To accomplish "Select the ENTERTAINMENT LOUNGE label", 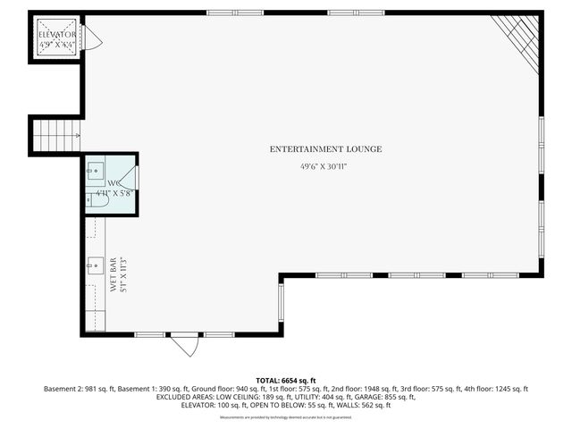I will click(x=325, y=148).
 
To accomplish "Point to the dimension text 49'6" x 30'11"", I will click(x=324, y=166).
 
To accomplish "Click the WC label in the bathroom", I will click(x=114, y=182).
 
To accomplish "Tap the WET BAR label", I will click(x=114, y=275).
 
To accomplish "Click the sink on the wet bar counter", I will click(x=94, y=265).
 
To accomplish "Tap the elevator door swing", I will click(x=93, y=38).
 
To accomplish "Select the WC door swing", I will click(x=129, y=180).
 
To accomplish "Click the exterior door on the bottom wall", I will click(x=186, y=343).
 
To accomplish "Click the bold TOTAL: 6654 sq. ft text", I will click(x=285, y=380).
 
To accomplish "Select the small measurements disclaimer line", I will click(x=285, y=416).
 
